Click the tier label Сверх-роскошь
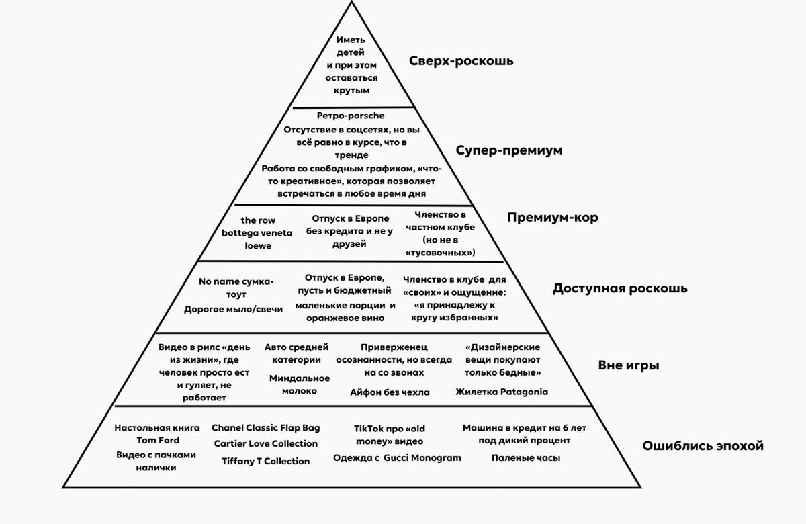461,61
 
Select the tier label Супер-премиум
508,150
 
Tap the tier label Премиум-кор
552,218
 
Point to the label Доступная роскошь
620,288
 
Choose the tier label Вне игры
628,366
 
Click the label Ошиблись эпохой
703,445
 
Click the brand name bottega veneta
257,233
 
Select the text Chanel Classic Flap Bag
266,427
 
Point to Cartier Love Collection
266,443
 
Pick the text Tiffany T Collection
266,461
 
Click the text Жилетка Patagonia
501,392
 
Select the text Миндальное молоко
300,384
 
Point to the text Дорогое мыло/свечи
233,309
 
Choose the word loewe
257,246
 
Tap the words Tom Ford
158,441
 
